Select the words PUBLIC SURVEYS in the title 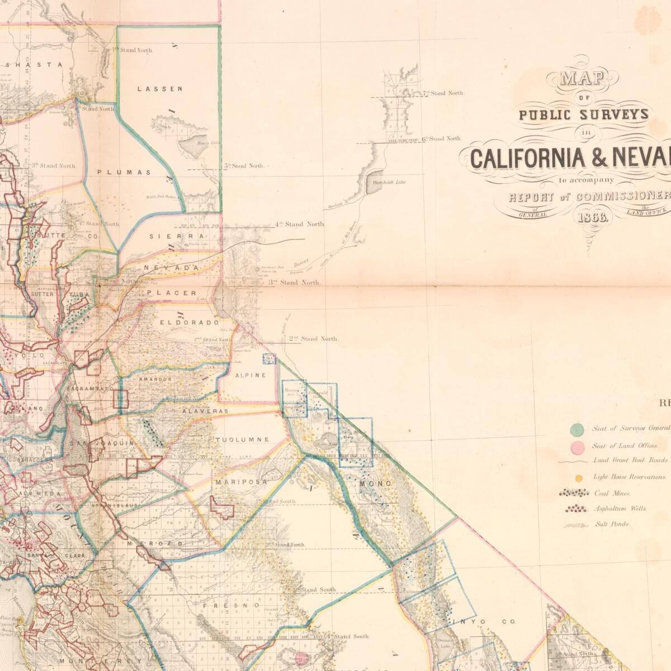(584, 115)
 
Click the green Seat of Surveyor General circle (577, 429)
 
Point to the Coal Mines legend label (612, 494)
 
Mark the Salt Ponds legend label (612, 524)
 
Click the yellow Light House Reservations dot (580, 478)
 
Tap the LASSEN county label (160, 88)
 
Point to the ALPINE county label (250, 375)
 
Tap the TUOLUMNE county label (243, 440)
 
